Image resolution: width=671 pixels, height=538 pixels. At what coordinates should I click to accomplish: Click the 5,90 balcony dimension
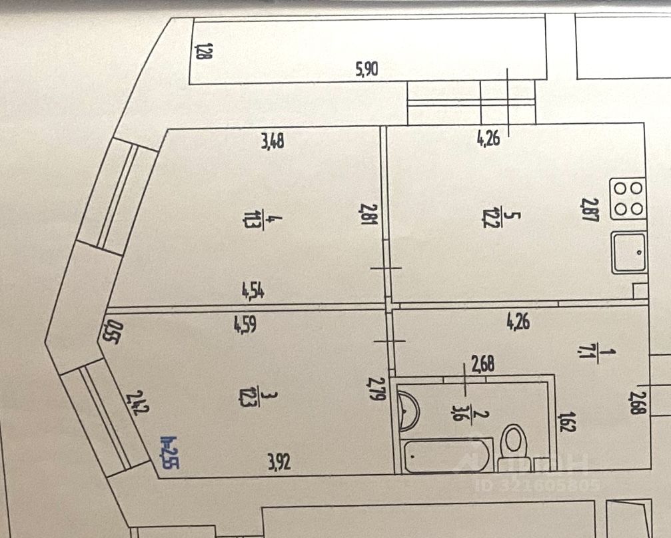click(x=367, y=69)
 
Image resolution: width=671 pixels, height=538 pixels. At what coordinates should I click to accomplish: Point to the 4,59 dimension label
click(x=246, y=326)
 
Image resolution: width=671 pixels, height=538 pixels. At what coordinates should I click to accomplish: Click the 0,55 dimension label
click(x=111, y=331)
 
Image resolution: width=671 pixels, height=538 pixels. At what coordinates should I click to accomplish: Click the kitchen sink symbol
click(x=629, y=252)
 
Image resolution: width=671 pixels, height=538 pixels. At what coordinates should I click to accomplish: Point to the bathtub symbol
click(x=446, y=456)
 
